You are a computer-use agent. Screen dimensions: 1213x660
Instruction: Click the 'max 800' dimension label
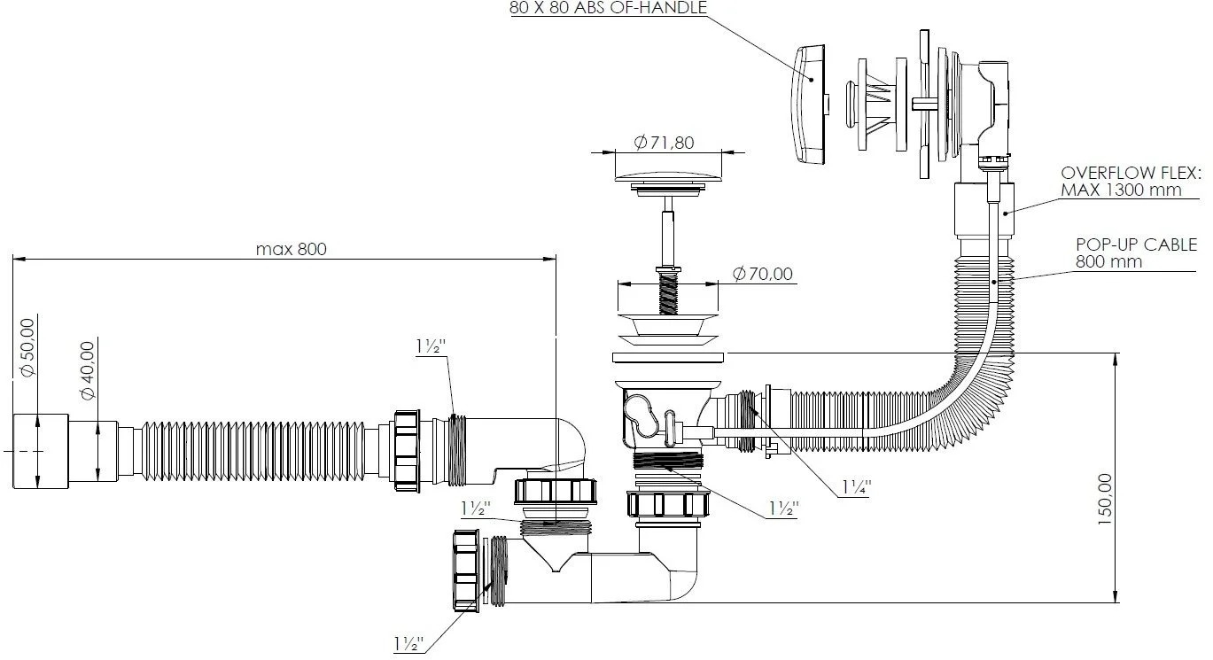(x=292, y=249)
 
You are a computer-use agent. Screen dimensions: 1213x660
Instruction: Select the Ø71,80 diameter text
(x=664, y=143)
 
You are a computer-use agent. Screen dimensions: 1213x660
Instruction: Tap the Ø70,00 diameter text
(x=763, y=274)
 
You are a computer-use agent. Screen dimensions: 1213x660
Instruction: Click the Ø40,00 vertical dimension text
(x=88, y=370)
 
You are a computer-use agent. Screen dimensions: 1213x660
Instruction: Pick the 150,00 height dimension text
(x=1105, y=499)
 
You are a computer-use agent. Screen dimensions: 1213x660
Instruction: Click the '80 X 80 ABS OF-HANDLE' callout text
(x=608, y=8)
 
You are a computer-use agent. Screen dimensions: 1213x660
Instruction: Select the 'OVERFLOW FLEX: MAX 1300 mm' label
(x=1130, y=182)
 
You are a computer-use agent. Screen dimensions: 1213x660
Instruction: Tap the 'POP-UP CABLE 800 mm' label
(x=1136, y=252)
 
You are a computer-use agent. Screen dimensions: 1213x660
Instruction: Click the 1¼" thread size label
(x=856, y=488)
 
